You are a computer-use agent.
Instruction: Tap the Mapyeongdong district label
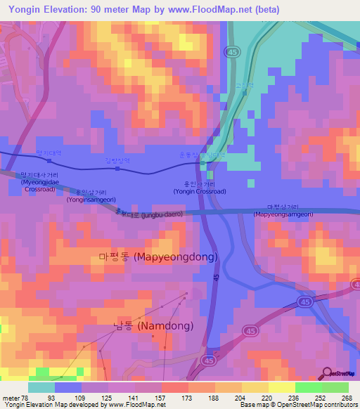(158, 257)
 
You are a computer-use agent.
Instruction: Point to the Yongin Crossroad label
(199, 187)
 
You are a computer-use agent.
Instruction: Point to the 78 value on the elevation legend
(28, 397)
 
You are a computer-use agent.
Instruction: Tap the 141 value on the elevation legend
(136, 397)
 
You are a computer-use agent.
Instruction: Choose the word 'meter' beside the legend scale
(11, 397)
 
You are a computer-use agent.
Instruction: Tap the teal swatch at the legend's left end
(41, 387)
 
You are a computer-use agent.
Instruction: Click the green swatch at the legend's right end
(335, 387)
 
